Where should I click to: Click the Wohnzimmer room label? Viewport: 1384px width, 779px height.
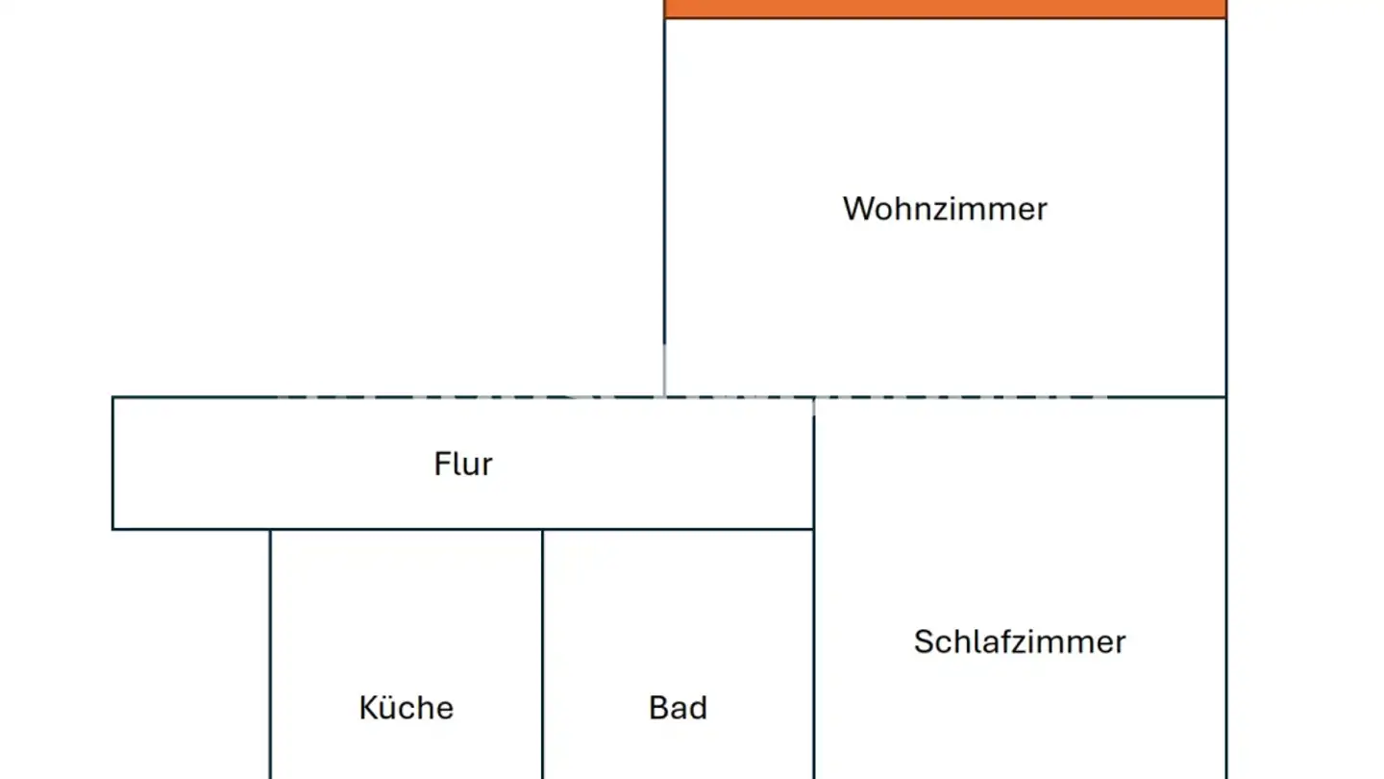tap(945, 209)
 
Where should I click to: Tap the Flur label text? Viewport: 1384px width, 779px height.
tap(463, 464)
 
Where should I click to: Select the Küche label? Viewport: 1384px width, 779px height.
tap(406, 707)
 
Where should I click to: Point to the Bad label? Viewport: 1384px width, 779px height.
tap(678, 707)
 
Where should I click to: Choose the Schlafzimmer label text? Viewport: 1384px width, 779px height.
tap(1020, 641)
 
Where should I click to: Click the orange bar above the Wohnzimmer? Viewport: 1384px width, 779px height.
tap(946, 9)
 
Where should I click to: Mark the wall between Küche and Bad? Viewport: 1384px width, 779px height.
tap(542, 654)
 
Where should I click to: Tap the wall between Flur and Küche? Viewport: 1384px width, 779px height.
tap(406, 529)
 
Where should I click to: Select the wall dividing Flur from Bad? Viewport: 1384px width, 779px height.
tap(678, 529)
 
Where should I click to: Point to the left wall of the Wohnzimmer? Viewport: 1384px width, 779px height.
tap(665, 207)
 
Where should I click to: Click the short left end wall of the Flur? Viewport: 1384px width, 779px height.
tap(112, 464)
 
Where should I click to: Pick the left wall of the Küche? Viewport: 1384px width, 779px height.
tap(270, 654)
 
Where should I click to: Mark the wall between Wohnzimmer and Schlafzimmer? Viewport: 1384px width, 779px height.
tap(1020, 397)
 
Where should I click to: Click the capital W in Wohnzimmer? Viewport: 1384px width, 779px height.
tap(857, 209)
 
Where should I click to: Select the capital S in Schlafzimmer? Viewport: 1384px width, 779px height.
tap(923, 641)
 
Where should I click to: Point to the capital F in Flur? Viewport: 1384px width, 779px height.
tap(441, 464)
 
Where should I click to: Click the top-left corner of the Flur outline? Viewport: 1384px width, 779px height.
tap(112, 397)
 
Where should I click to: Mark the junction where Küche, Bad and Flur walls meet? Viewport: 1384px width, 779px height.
tap(542, 529)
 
